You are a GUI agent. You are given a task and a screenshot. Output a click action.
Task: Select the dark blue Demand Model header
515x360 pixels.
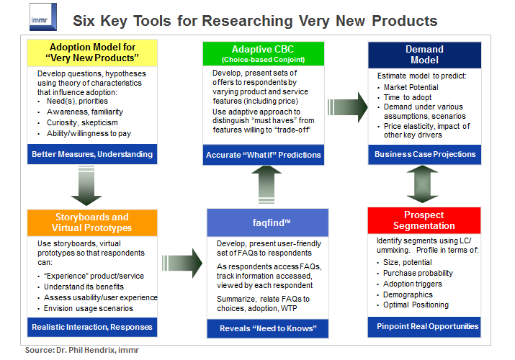[x=424, y=55]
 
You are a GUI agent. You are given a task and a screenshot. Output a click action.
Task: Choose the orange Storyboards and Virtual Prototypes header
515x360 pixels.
[x=91, y=222]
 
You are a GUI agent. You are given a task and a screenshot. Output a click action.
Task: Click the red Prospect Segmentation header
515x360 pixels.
[x=424, y=220]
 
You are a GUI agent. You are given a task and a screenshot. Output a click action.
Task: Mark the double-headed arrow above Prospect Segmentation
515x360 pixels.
[x=424, y=184]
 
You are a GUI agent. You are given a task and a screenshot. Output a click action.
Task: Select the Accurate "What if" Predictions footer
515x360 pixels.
[x=262, y=154]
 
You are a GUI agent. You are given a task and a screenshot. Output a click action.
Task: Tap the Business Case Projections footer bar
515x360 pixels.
[x=424, y=153]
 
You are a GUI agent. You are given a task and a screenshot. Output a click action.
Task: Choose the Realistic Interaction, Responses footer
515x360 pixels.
[x=91, y=326]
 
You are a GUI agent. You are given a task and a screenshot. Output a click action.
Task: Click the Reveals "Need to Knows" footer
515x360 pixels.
[x=262, y=328]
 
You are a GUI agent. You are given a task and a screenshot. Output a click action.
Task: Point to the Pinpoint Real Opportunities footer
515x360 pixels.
[x=424, y=326]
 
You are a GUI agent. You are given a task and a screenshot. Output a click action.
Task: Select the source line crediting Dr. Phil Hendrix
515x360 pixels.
[x=83, y=350]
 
